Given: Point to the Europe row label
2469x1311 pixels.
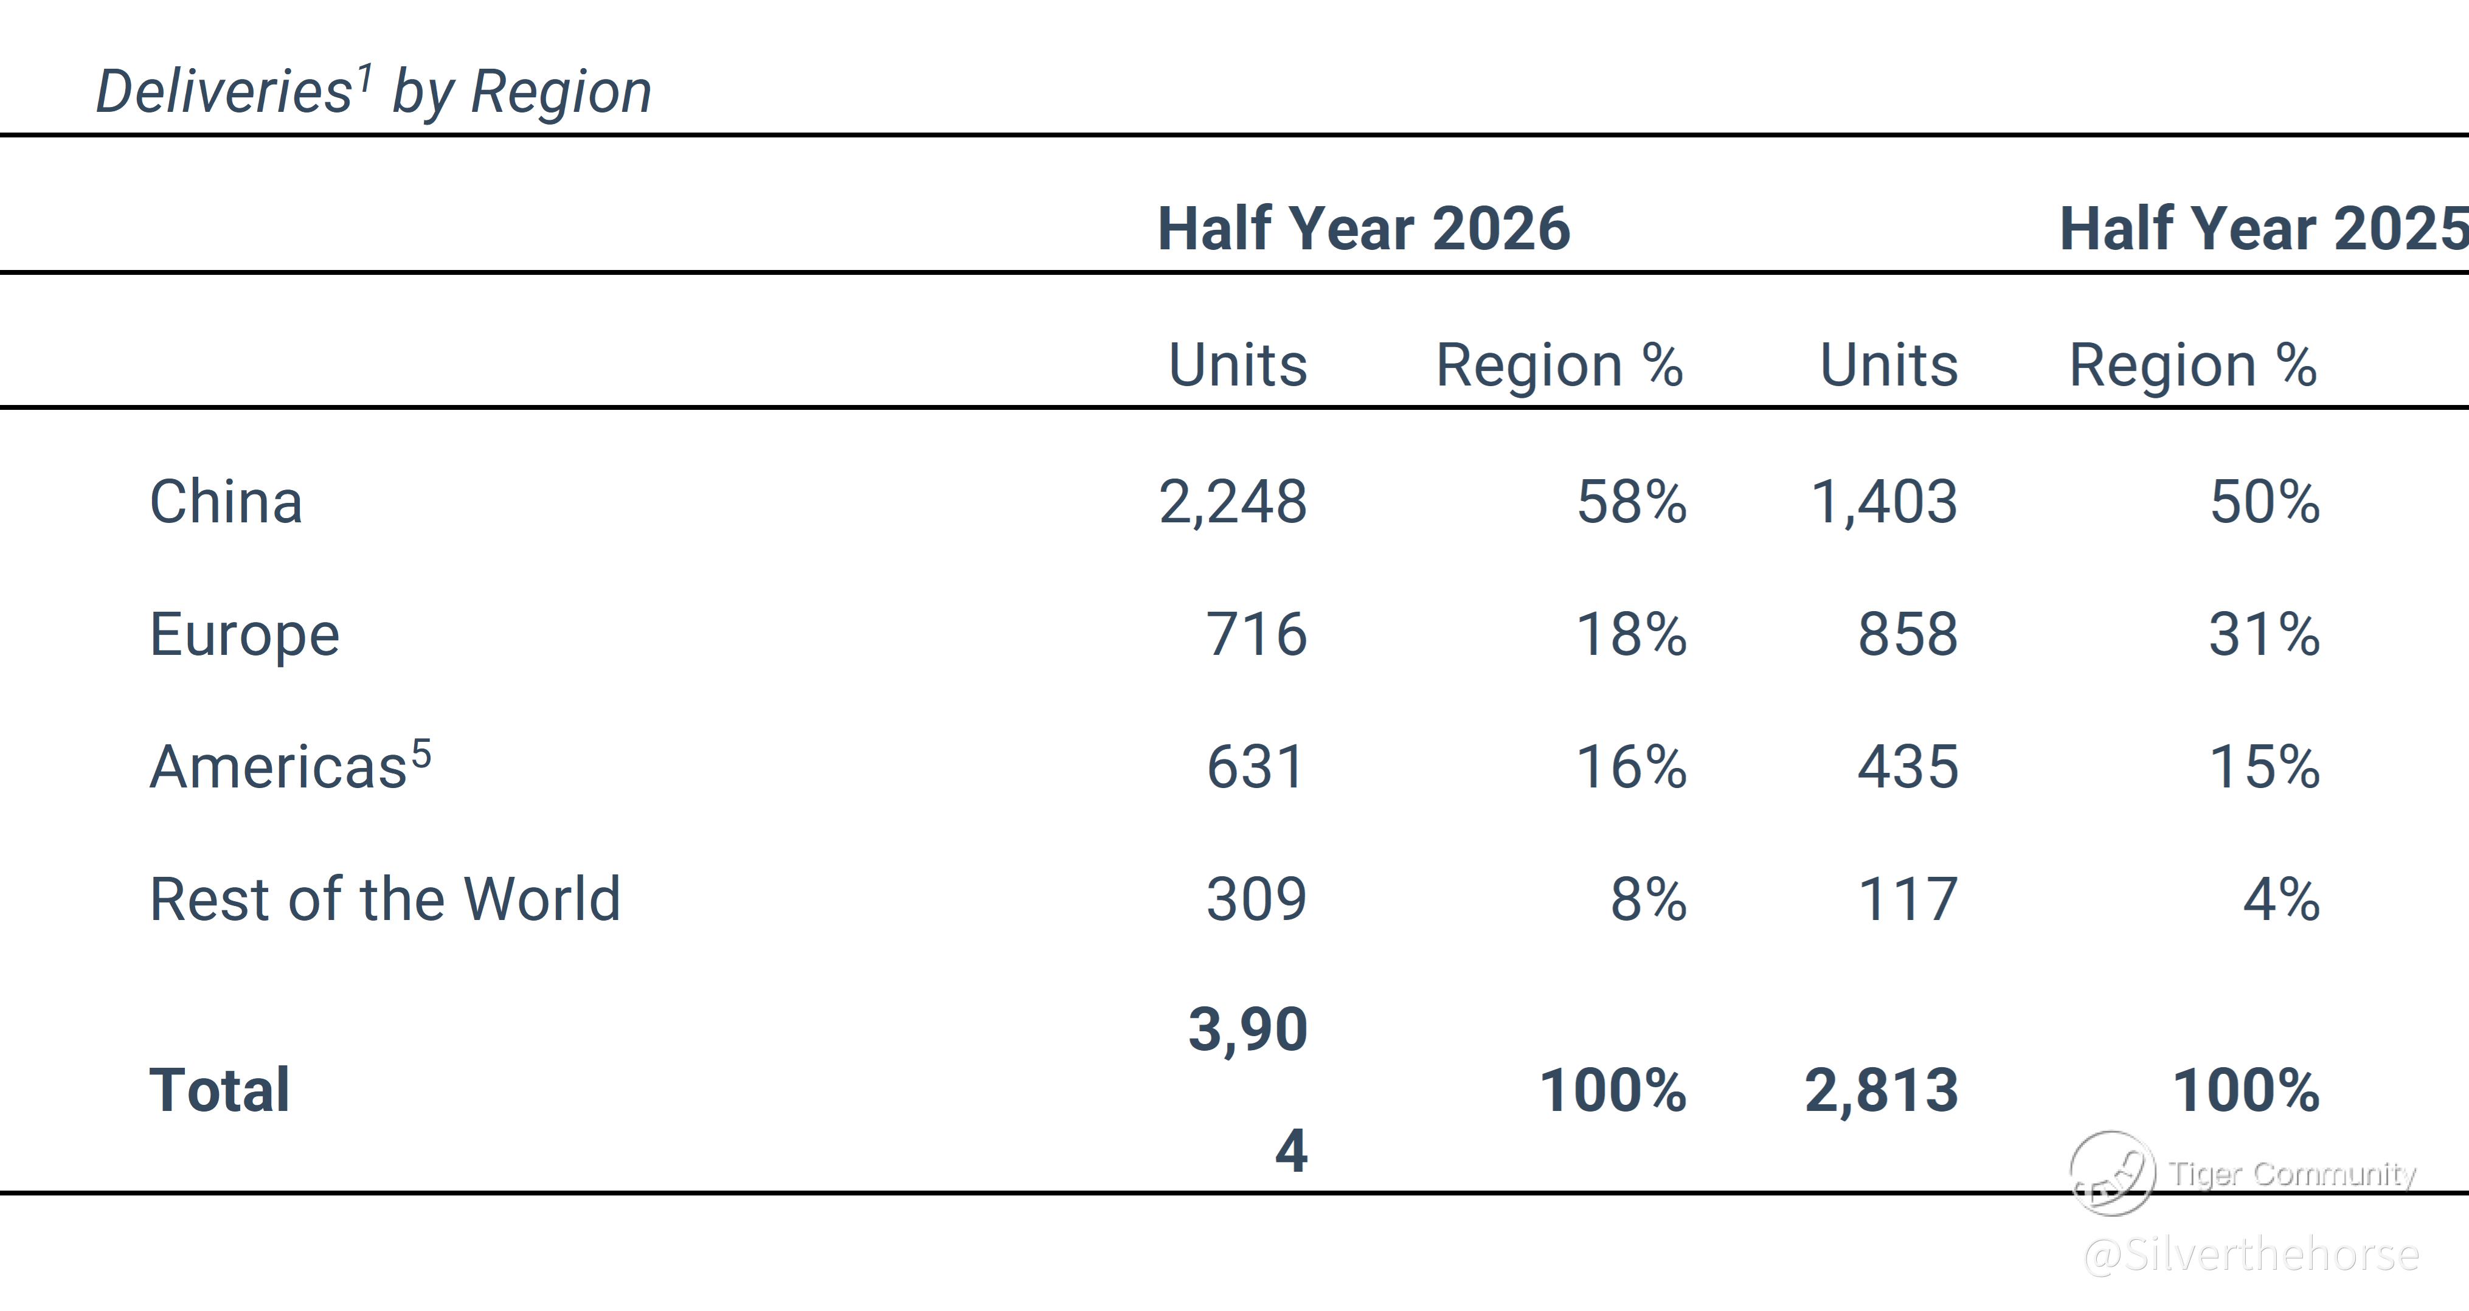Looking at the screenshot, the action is coord(244,634).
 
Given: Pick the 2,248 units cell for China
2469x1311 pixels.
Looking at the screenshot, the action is coord(1233,502).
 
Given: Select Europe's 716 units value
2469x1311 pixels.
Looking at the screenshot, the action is coord(1256,634).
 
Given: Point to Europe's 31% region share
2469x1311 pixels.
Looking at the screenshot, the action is coord(2265,634).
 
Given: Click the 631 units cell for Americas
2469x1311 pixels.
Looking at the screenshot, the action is coord(1256,767).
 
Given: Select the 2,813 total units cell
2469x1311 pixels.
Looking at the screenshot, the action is coord(1882,1091).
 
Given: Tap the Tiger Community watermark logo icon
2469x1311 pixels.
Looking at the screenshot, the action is coord(2113,1173).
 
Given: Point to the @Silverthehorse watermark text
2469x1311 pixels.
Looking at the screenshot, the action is coord(2251,1254).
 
